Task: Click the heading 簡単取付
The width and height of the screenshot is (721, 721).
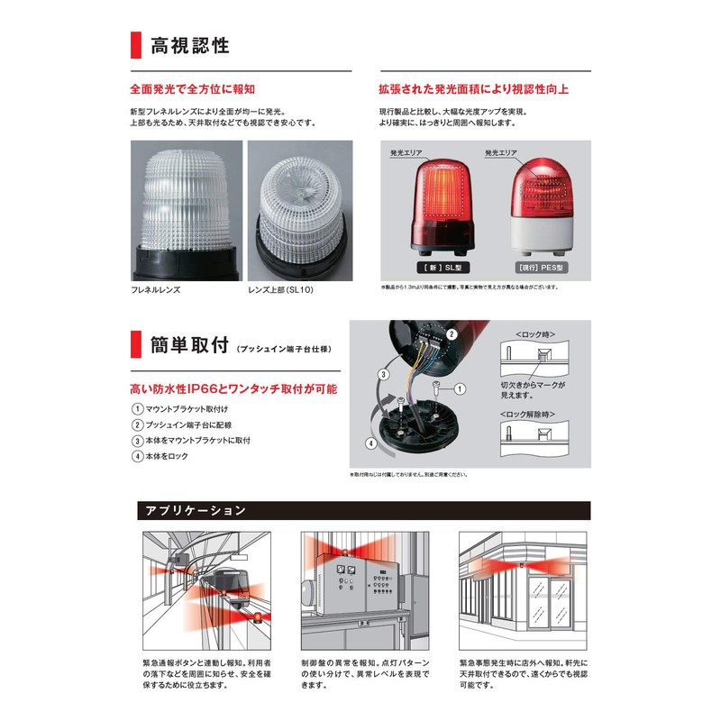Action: [188, 343]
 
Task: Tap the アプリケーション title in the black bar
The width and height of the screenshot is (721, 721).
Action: [196, 511]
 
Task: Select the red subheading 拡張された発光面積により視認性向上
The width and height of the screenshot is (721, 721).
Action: [474, 89]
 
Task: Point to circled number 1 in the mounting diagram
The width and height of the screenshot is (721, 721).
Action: [460, 389]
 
